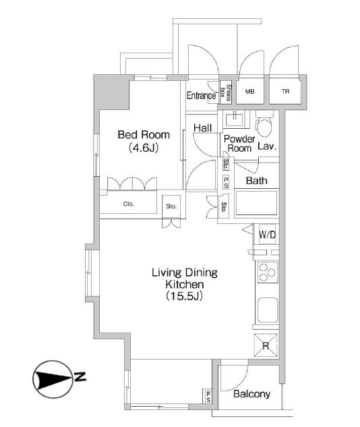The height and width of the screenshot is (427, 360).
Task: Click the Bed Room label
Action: pos(144,135)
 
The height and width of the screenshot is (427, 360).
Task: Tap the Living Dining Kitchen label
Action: pos(185,279)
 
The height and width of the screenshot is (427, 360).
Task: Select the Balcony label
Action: pos(251,394)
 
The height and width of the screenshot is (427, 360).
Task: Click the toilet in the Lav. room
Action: pos(264,123)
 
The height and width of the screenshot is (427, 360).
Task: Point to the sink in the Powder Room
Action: pos(234,119)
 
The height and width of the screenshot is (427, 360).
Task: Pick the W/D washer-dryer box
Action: pos(267,234)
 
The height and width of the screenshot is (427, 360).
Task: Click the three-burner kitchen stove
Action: pos(268,273)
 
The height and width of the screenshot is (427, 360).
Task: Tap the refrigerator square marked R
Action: pos(266,345)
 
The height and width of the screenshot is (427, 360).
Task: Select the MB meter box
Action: pos(250,92)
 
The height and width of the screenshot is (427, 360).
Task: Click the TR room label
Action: pos(285,92)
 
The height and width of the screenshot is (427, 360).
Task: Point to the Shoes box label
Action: pos(226,92)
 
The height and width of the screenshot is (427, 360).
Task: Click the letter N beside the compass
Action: pos(80,376)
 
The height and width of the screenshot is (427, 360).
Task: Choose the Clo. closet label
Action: pos(129,204)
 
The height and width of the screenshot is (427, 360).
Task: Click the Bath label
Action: pos(256,181)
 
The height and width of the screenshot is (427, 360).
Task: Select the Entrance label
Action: pos(201,96)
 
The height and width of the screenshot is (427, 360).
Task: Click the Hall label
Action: pos(202,127)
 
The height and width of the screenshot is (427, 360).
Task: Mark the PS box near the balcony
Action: pos(208,397)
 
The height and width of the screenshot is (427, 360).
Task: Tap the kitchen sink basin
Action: pos(268,310)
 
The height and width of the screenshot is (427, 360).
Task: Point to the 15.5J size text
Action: pos(185,296)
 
